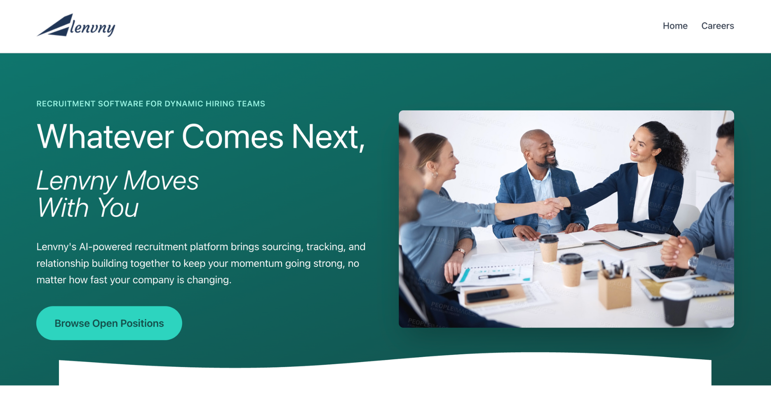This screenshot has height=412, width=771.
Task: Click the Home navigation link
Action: [675, 26]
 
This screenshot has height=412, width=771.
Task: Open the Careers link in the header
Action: [717, 26]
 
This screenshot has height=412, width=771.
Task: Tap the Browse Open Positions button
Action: [109, 323]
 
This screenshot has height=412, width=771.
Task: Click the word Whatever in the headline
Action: [105, 136]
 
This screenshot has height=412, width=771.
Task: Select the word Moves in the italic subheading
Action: [161, 181]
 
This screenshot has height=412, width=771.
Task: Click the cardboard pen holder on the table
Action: [614, 288]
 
